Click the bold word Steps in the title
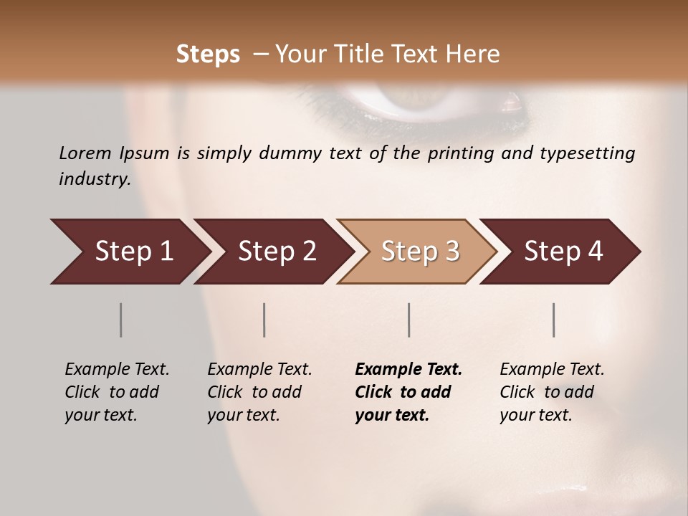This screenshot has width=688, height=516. [208, 54]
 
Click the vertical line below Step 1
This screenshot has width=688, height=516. [120, 320]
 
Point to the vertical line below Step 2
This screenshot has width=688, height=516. [264, 320]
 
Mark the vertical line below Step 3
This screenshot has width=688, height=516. [408, 320]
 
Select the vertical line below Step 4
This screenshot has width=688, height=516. [553, 320]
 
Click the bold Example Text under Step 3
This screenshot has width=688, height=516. [408, 370]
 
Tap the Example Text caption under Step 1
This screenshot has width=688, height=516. [117, 370]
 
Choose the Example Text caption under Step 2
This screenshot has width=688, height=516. [259, 370]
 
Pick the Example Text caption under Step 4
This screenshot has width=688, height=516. [552, 370]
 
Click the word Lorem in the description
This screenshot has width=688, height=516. [85, 153]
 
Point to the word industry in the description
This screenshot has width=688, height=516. [95, 178]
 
